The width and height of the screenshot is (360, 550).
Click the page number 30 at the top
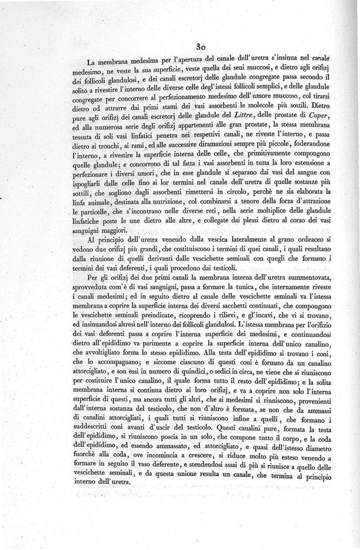point(201,47)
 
